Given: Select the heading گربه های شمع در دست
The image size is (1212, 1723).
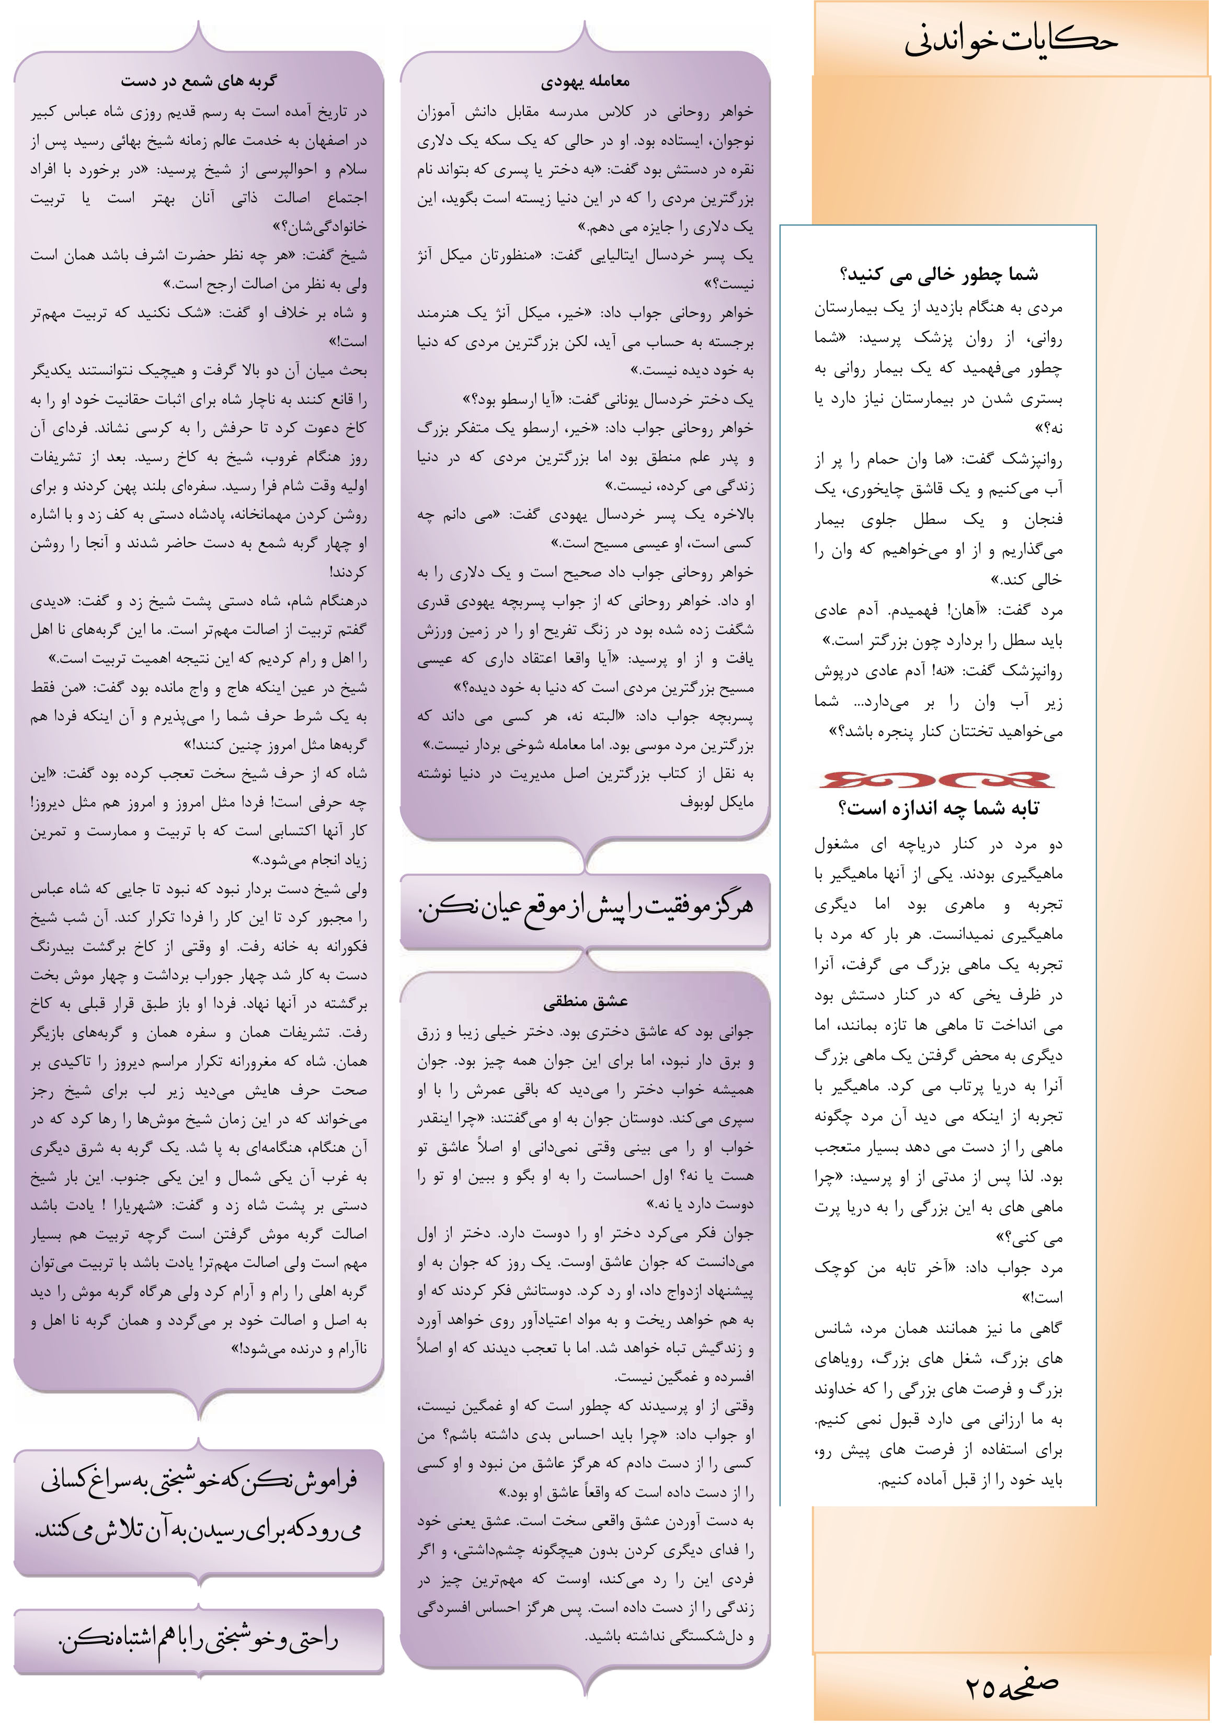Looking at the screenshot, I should click(198, 81).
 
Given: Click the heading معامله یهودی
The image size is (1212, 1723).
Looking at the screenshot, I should click(586, 81).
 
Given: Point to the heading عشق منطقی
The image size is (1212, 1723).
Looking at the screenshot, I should click(586, 1001).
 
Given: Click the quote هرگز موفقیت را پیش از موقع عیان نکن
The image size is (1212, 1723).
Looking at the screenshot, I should click(586, 910).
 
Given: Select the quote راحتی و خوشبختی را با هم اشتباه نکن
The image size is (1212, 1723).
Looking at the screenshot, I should click(198, 1640).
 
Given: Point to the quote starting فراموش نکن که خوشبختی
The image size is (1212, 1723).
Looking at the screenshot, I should click(198, 1504).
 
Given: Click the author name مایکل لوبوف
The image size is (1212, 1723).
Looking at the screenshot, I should click(717, 802).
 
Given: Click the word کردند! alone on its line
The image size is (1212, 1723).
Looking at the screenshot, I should click(348, 572).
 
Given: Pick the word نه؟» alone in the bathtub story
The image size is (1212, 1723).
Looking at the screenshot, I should click(1048, 428).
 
